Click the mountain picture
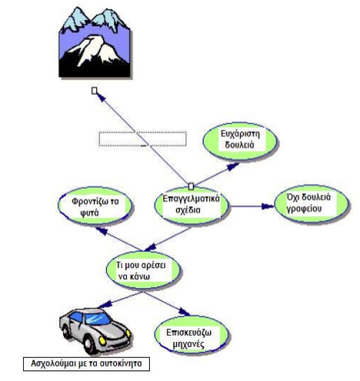(x=95, y=42)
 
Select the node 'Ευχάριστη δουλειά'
(x=240, y=142)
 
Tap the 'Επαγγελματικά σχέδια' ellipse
(x=192, y=206)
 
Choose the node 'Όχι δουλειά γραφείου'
(x=312, y=204)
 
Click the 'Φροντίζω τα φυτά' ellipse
(x=95, y=206)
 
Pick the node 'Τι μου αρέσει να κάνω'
(x=143, y=270)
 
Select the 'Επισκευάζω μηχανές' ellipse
(x=192, y=335)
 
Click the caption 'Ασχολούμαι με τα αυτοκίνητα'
(x=86, y=363)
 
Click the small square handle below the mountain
(x=95, y=91)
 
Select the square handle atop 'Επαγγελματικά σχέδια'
(x=191, y=186)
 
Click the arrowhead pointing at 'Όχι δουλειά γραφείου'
(x=268, y=206)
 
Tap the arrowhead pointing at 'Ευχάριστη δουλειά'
(x=233, y=166)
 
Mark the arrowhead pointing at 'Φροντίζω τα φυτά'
(x=102, y=231)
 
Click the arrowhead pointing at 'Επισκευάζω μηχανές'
(x=185, y=312)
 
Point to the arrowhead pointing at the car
(x=105, y=305)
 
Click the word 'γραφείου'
(x=304, y=209)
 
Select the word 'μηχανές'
(x=188, y=344)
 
